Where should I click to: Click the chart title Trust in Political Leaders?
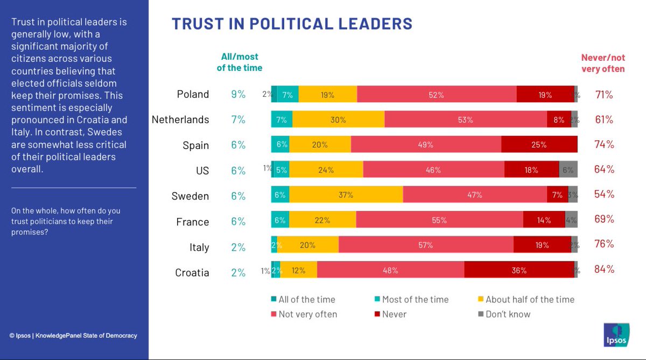click(x=292, y=24)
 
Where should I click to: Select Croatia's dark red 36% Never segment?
click(x=519, y=271)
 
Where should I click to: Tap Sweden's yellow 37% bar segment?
click(x=346, y=195)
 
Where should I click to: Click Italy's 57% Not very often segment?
click(x=426, y=245)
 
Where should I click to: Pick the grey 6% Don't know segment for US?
click(x=568, y=170)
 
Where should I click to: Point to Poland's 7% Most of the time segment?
click(x=287, y=95)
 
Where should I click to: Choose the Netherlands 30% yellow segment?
click(x=338, y=120)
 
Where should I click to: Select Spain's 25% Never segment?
click(x=539, y=145)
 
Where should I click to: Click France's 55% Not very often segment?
click(x=439, y=220)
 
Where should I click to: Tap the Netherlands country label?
click(x=180, y=119)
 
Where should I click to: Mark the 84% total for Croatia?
click(x=603, y=269)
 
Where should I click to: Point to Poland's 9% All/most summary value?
click(x=238, y=94)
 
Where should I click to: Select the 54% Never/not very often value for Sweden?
click(x=603, y=194)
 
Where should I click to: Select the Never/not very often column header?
click(x=603, y=63)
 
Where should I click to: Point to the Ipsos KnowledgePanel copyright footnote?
click(x=73, y=336)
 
